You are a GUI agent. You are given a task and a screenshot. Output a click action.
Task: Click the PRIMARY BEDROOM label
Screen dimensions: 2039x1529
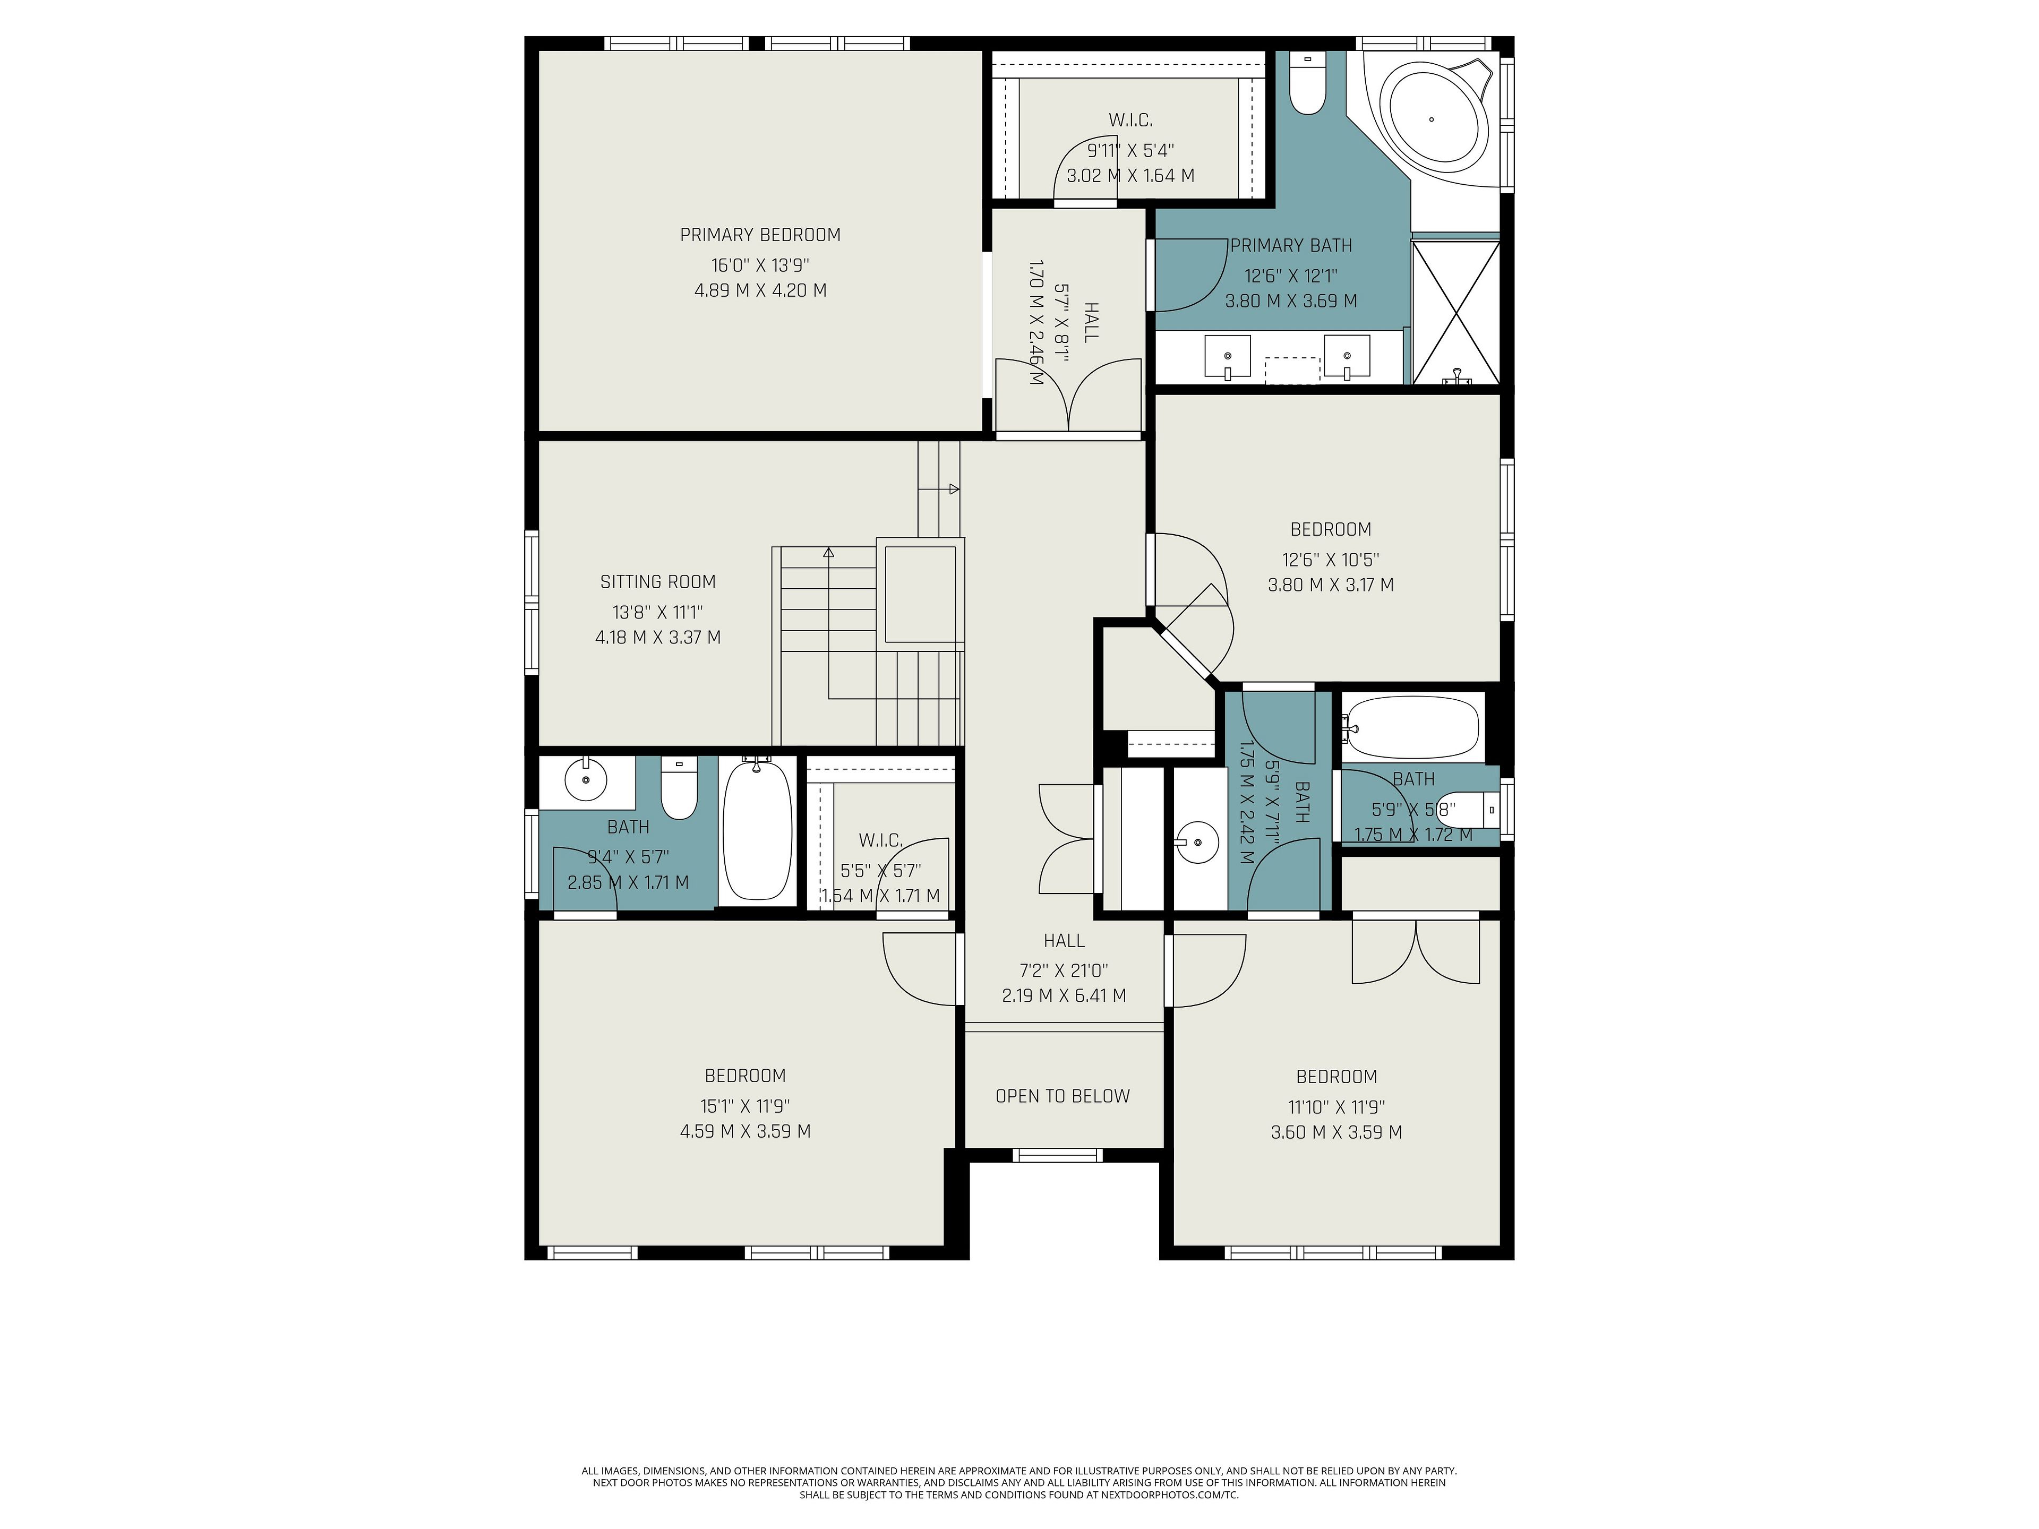[x=760, y=235]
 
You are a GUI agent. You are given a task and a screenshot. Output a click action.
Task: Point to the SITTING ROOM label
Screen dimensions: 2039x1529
[x=658, y=581]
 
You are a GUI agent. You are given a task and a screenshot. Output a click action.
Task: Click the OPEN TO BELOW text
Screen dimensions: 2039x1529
[x=1063, y=1096]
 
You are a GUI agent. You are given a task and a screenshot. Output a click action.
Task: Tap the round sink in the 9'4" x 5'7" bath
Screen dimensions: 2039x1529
[x=587, y=780]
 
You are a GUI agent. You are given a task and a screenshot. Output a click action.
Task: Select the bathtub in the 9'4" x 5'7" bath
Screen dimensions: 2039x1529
[x=758, y=829]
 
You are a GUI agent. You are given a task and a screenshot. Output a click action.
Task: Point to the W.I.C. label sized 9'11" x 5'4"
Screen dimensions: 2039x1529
[x=1130, y=120]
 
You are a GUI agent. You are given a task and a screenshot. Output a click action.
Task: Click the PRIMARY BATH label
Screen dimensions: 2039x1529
[x=1291, y=245]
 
